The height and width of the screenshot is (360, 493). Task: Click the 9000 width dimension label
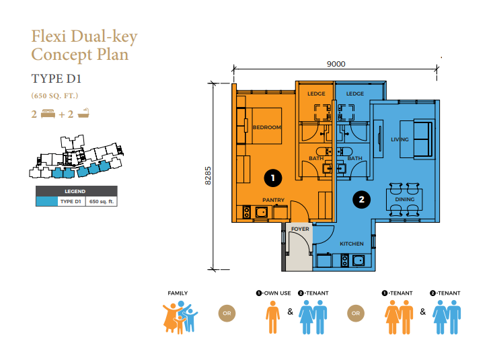pyautogui.click(x=336, y=64)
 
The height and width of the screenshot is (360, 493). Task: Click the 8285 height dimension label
pyautogui.click(x=208, y=176)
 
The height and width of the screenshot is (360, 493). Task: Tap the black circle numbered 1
pyautogui.click(x=273, y=178)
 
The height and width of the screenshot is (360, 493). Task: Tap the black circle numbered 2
pyautogui.click(x=362, y=199)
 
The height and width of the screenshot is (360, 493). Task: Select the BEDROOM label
pyautogui.click(x=267, y=127)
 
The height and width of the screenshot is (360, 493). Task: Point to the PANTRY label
pyautogui.click(x=273, y=200)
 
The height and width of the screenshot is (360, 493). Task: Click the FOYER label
pyautogui.click(x=300, y=229)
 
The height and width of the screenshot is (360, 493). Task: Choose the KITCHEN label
pyautogui.click(x=352, y=244)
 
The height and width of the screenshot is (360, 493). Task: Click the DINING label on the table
pyautogui.click(x=405, y=199)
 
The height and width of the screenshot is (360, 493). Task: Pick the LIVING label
pyautogui.click(x=400, y=139)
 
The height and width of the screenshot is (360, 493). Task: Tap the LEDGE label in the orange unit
pyautogui.click(x=316, y=94)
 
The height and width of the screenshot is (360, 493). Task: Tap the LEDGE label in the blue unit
pyautogui.click(x=355, y=94)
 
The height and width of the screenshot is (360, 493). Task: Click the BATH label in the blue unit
pyautogui.click(x=355, y=158)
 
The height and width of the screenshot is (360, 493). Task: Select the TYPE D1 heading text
pyautogui.click(x=56, y=79)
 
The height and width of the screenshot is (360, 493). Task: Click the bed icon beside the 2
pyautogui.click(x=48, y=114)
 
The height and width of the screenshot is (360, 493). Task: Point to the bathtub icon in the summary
pyautogui.click(x=83, y=113)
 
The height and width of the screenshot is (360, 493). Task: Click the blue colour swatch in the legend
pyautogui.click(x=46, y=201)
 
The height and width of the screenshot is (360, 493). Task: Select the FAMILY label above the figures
pyautogui.click(x=178, y=293)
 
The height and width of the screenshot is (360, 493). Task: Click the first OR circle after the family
pyautogui.click(x=227, y=314)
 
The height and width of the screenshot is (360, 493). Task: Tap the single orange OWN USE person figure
pyautogui.click(x=272, y=317)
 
